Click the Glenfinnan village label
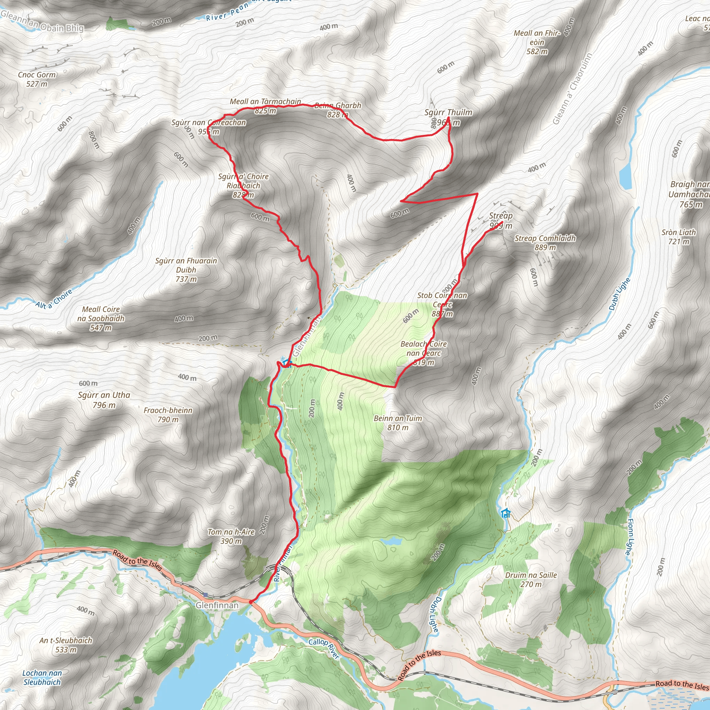tap(217, 605)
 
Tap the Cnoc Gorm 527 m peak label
tap(37, 79)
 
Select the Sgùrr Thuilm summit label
tap(448, 113)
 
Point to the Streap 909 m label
tap(501, 220)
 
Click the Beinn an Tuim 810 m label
tap(398, 423)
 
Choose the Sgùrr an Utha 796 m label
tap(104, 400)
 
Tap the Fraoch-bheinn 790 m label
tap(168, 415)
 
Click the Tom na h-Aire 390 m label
tap(231, 536)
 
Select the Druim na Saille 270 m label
tap(531, 580)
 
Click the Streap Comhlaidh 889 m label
tap(545, 243)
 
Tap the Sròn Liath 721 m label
tap(678, 237)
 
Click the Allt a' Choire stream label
tap(54, 299)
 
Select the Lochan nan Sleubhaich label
tap(42, 677)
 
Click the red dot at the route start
tap(251, 602)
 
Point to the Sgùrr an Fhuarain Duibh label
tap(186, 270)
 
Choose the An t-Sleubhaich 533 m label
tap(66, 645)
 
